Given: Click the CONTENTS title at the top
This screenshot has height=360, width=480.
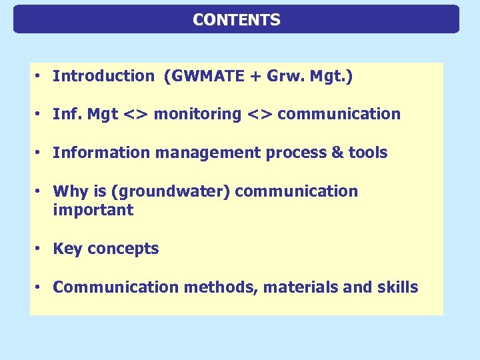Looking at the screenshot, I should click(x=237, y=20).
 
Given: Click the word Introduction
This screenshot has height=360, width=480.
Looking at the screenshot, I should click(x=103, y=76).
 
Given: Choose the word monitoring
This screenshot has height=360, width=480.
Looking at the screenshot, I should click(x=197, y=115).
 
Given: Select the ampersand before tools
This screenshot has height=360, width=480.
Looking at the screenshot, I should click(x=338, y=153).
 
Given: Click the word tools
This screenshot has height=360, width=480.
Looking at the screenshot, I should click(x=368, y=153).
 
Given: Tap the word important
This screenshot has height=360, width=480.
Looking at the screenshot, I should click(x=93, y=211).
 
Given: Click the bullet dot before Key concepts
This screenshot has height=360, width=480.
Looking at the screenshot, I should click(x=40, y=249).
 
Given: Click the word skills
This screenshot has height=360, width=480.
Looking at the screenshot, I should click(x=397, y=287).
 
